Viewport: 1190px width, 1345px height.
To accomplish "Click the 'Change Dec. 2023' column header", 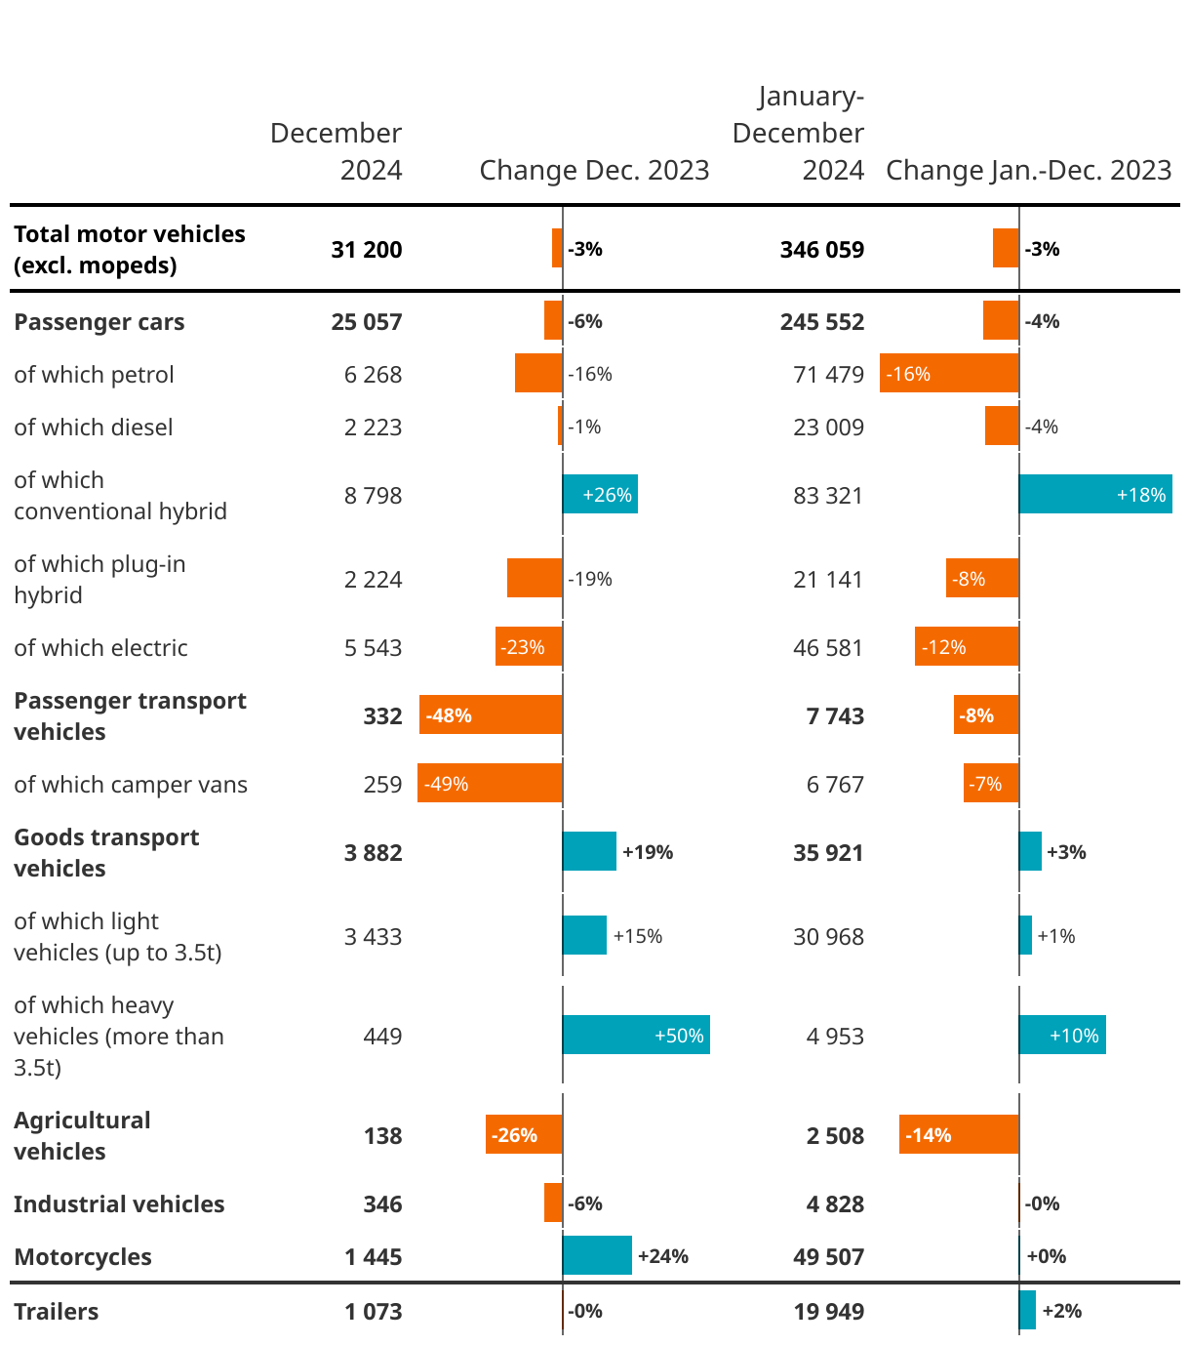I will (594, 170).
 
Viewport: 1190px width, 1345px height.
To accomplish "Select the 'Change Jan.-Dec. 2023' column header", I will (1028, 170).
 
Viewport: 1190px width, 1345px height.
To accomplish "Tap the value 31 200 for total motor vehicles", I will (367, 250).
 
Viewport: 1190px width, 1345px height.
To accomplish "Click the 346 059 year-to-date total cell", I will (821, 250).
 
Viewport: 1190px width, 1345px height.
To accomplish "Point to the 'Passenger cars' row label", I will (99, 322).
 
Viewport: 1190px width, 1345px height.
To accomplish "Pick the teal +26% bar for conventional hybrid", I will (600, 495).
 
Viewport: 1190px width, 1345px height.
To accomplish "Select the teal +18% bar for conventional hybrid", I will (1095, 495).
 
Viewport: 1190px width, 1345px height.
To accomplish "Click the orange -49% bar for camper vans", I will (490, 784).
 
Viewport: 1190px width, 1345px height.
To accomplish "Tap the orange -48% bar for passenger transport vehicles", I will (491, 715).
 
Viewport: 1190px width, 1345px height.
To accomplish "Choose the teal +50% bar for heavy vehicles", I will (636, 1036).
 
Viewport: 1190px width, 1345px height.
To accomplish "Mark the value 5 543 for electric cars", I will (373, 648).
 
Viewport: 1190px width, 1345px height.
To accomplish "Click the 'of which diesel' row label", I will (94, 428).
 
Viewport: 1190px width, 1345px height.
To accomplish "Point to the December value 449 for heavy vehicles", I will (382, 1036).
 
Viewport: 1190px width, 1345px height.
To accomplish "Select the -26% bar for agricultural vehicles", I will (524, 1135).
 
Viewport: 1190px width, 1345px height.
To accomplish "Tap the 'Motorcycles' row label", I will (83, 1257).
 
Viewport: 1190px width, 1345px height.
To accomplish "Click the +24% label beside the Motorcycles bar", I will (662, 1256).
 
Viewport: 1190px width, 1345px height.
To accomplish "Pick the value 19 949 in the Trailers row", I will (828, 1312).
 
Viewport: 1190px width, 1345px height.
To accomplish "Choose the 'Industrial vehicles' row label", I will (119, 1204).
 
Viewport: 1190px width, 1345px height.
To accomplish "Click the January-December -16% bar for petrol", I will (949, 374).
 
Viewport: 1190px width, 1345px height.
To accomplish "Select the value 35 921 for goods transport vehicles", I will (828, 853).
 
